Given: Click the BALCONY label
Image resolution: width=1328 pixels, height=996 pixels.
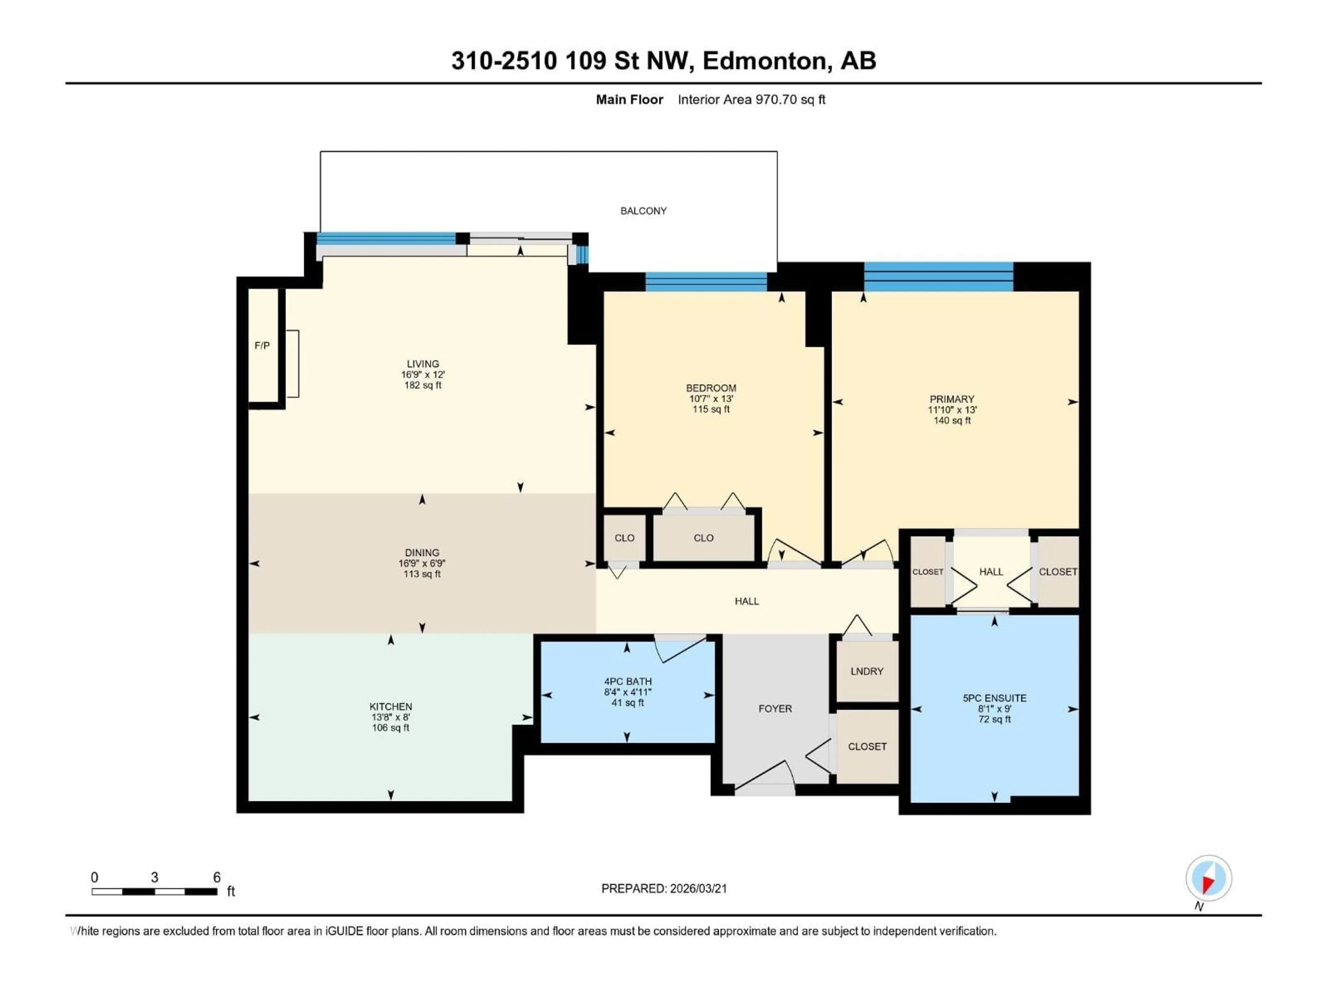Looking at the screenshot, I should point(643,211).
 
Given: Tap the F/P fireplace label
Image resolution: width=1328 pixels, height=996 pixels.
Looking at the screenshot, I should point(262,346).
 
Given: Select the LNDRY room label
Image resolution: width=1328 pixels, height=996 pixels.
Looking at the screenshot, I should point(866,671).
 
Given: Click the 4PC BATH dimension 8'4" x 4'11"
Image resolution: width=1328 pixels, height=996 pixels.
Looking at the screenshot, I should point(627,692).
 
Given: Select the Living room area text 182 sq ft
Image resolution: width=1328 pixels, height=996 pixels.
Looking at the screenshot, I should point(423,386).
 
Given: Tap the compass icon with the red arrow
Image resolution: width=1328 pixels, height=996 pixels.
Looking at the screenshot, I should point(1209,878).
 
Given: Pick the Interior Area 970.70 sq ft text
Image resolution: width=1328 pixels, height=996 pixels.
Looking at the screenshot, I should point(751,100).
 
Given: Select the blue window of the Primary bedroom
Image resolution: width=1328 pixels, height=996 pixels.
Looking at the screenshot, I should point(938,277).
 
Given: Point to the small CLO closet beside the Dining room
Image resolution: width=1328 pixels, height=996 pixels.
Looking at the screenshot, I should point(624,538).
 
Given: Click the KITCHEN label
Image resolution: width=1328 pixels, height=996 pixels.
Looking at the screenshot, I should point(391,707).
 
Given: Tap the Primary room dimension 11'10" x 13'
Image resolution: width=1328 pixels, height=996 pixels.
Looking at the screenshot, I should point(952,410).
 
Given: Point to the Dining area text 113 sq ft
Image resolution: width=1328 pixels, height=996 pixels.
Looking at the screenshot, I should point(422,574).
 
